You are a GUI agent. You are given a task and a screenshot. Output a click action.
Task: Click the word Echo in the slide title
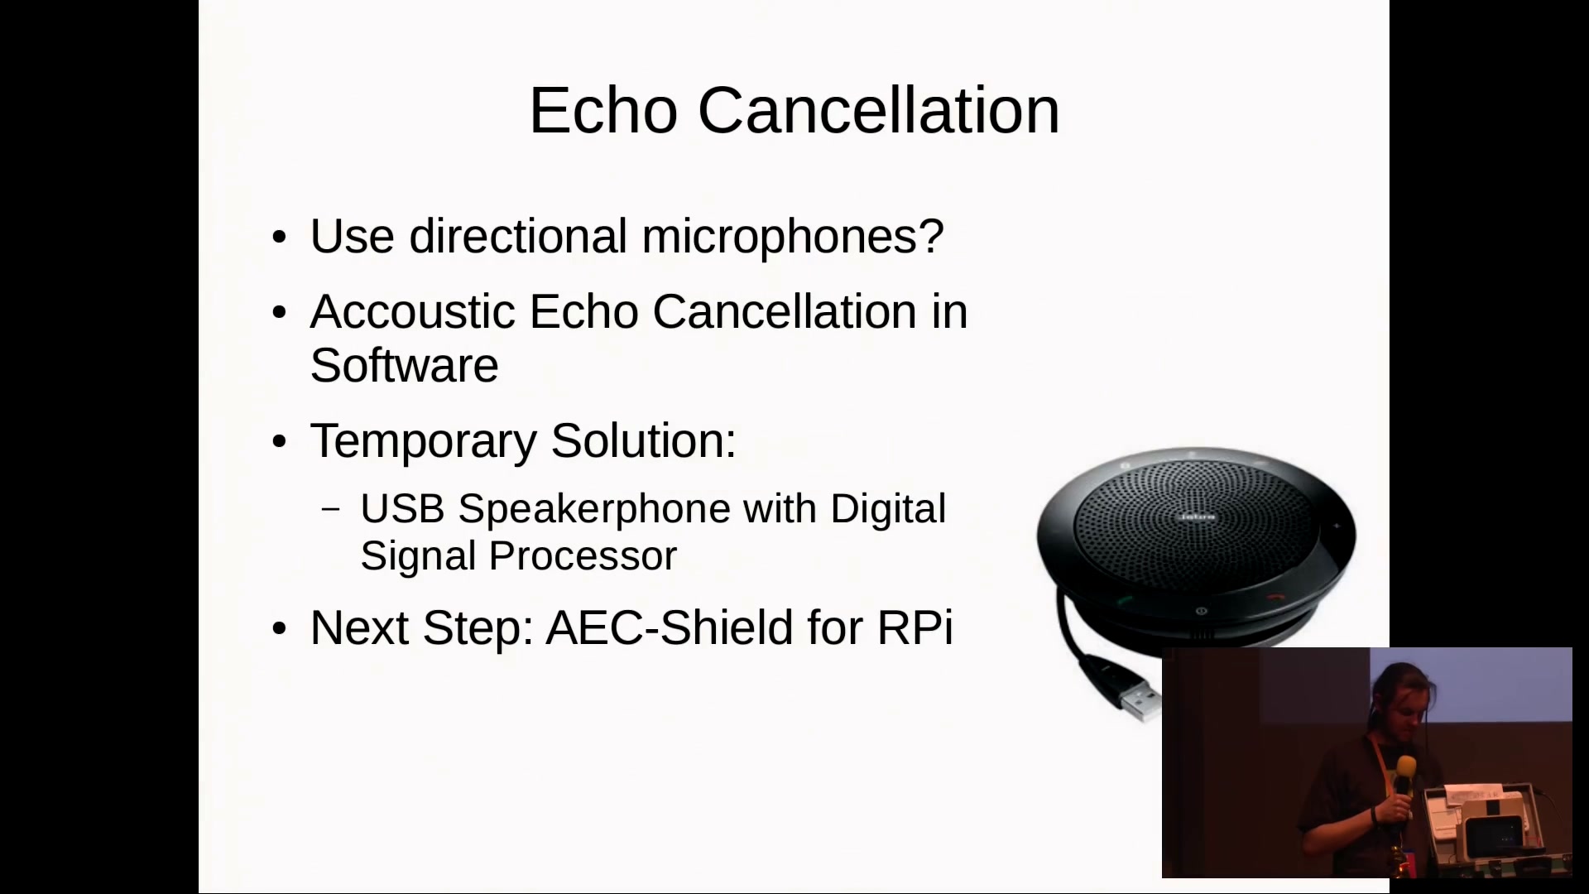point(603,110)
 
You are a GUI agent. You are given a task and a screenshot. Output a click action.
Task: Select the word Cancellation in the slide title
point(879,110)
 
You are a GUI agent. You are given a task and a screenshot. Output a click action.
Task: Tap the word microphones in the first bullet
point(793,238)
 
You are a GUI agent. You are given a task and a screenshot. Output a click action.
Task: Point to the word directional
point(518,236)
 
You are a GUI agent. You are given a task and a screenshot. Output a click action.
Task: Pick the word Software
point(405,365)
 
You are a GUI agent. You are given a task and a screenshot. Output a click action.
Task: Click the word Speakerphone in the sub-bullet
point(594,509)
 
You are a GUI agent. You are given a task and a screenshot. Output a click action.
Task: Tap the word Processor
point(583,555)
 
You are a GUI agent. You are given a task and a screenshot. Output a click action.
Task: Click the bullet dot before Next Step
point(279,629)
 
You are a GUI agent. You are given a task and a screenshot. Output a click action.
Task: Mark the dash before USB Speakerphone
point(330,509)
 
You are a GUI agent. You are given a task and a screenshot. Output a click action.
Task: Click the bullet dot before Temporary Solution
point(279,442)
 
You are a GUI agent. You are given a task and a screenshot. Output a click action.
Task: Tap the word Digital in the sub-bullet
point(888,509)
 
